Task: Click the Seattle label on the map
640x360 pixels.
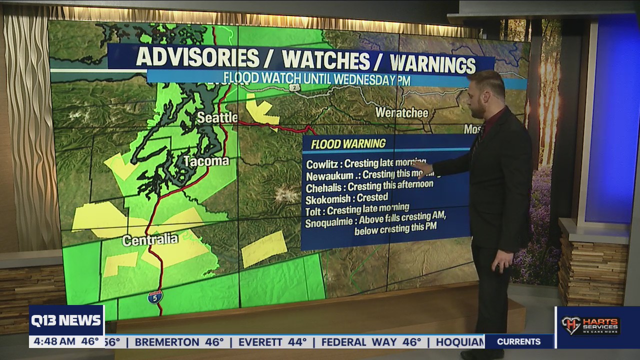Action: tap(217, 117)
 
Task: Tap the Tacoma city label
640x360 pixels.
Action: tap(206, 161)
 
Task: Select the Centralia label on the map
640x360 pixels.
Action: tap(150, 240)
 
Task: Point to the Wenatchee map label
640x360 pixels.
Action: tap(401, 112)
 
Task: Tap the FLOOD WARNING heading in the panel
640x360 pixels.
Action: tap(348, 144)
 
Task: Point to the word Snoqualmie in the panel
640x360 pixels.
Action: tap(331, 221)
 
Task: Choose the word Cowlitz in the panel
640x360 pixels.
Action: tap(322, 164)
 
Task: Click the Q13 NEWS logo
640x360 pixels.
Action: tap(66, 320)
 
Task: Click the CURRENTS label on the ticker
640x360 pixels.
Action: tap(518, 341)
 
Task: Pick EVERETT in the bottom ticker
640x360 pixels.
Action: tap(258, 342)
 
